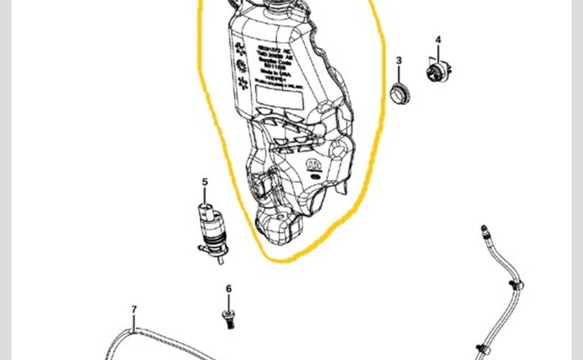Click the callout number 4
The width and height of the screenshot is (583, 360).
(438, 40)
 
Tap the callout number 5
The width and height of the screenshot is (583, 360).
(204, 182)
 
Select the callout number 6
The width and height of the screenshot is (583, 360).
(229, 289)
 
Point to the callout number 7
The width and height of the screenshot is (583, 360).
(134, 310)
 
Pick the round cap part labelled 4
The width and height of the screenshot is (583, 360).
(435, 71)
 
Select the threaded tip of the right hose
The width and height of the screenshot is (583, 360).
(484, 233)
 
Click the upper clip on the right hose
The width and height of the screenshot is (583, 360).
(516, 287)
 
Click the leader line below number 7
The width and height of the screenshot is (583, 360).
(134, 323)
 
